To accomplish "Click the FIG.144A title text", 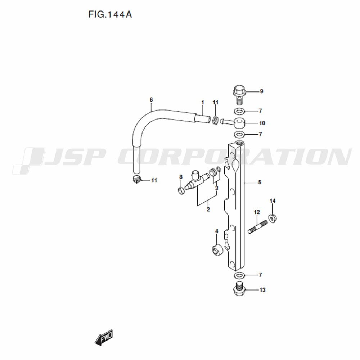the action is [110, 14].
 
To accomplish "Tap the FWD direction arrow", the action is [104, 337].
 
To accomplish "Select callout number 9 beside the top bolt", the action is [261, 91].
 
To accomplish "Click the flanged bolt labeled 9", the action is [239, 95].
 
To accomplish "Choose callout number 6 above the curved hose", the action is [151, 100].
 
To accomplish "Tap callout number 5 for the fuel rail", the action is [260, 182].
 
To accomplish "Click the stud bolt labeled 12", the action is [258, 226].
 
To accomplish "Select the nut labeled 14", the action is [273, 218].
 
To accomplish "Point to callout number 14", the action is [273, 201].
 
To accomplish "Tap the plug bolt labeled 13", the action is [239, 289].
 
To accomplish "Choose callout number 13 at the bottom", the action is [262, 290].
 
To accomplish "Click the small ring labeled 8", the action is [181, 190].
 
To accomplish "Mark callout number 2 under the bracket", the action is [208, 210].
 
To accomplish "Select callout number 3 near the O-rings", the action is [216, 188].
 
